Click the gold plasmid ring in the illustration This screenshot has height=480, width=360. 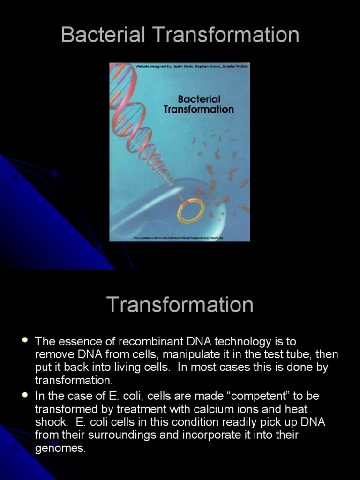191,211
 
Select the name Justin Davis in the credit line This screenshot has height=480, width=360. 183,67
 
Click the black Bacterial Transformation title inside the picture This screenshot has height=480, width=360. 199,104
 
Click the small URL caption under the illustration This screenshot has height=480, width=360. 178,238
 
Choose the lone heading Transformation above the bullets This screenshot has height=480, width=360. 180,305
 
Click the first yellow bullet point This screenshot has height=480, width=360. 25,340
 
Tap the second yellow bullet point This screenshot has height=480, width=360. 25,395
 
